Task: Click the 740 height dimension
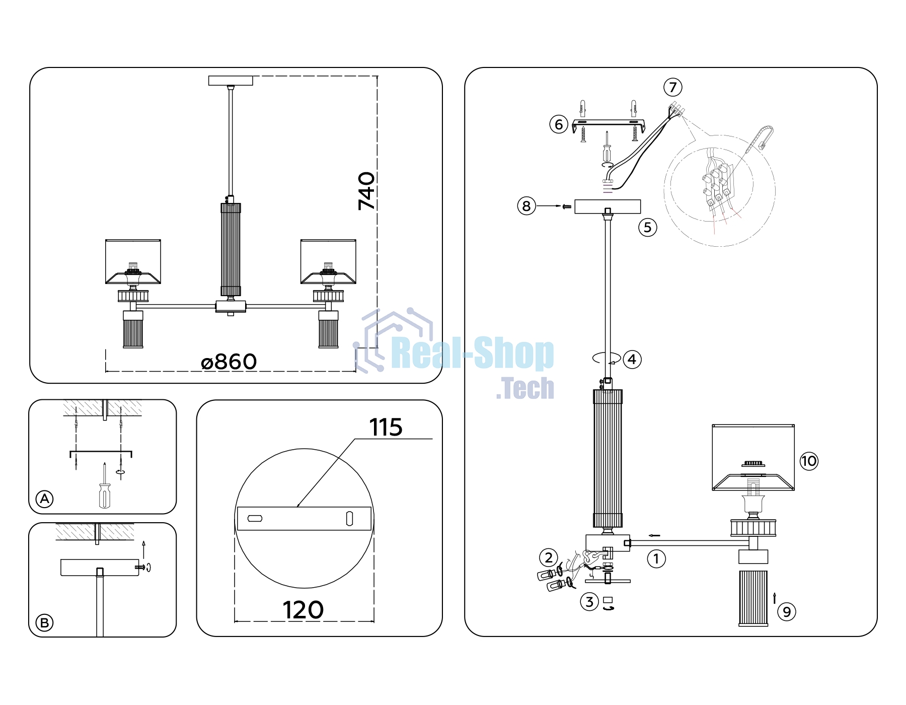(x=367, y=191)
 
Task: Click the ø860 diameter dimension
(x=229, y=362)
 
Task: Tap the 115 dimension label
(x=386, y=428)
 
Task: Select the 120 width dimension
(x=303, y=610)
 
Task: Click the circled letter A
(x=45, y=499)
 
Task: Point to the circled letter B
(x=44, y=623)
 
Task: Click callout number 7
(x=673, y=87)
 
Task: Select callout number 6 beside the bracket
(x=559, y=124)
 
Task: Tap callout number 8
(x=526, y=206)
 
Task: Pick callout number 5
(x=648, y=228)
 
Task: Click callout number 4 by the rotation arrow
(x=632, y=360)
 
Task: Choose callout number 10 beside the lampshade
(x=809, y=461)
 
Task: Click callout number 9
(x=787, y=612)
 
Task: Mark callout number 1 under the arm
(x=656, y=558)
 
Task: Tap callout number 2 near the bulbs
(x=549, y=557)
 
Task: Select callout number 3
(x=589, y=601)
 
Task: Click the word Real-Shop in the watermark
(x=472, y=354)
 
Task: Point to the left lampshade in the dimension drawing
(x=133, y=261)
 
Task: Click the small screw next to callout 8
(x=567, y=206)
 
